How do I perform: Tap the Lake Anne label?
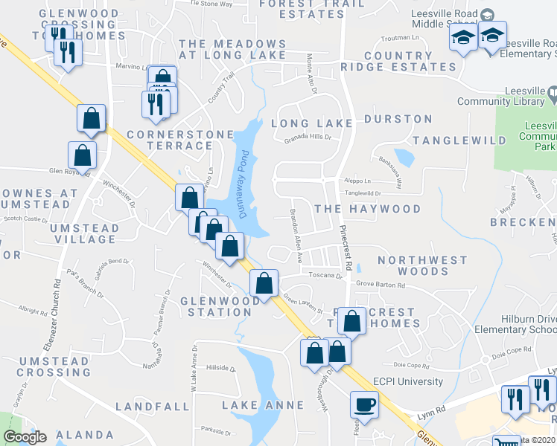coord(263,405)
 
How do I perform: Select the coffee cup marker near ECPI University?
coord(364,405)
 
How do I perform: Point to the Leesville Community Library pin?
coord(551,94)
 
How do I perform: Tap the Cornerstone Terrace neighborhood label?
coord(171,140)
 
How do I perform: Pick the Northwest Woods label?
coord(421,266)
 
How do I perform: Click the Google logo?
coord(25,437)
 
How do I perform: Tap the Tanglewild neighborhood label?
coord(459,140)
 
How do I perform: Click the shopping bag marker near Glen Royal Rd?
coord(82,155)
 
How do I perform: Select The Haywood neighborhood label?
coord(367,210)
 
